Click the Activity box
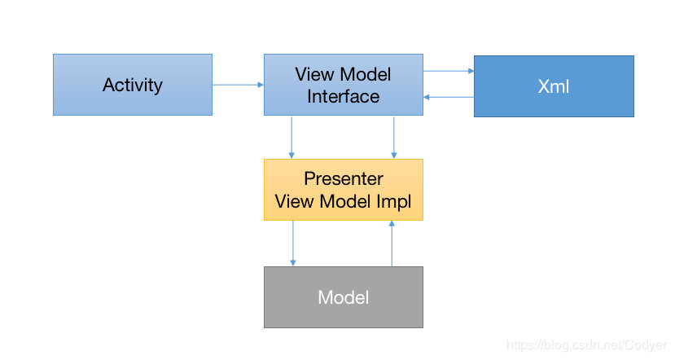[133, 85]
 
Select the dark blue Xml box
[554, 86]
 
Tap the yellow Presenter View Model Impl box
[344, 190]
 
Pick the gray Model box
[344, 297]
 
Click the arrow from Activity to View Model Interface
[238, 85]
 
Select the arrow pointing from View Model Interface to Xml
[449, 71]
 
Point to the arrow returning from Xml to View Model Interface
[449, 97]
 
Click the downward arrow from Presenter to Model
[293, 244]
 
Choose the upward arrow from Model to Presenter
[392, 244]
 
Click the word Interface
[343, 96]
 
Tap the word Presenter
[344, 178]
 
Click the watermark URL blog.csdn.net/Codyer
[586, 345]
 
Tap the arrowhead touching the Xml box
[471, 71]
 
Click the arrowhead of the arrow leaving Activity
[261, 85]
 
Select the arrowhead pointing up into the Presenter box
[392, 223]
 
